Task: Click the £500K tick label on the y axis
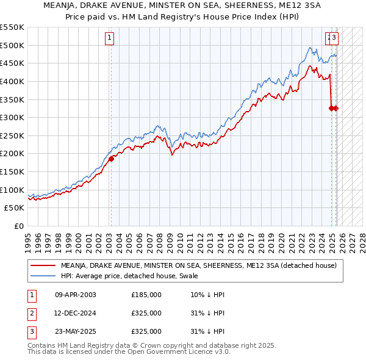pos(12,45)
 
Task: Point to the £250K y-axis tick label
pos(12,135)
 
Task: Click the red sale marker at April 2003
pos(112,159)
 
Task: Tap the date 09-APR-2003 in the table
pos(75,295)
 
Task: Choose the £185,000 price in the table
pos(146,295)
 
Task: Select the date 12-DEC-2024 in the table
pos(75,313)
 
